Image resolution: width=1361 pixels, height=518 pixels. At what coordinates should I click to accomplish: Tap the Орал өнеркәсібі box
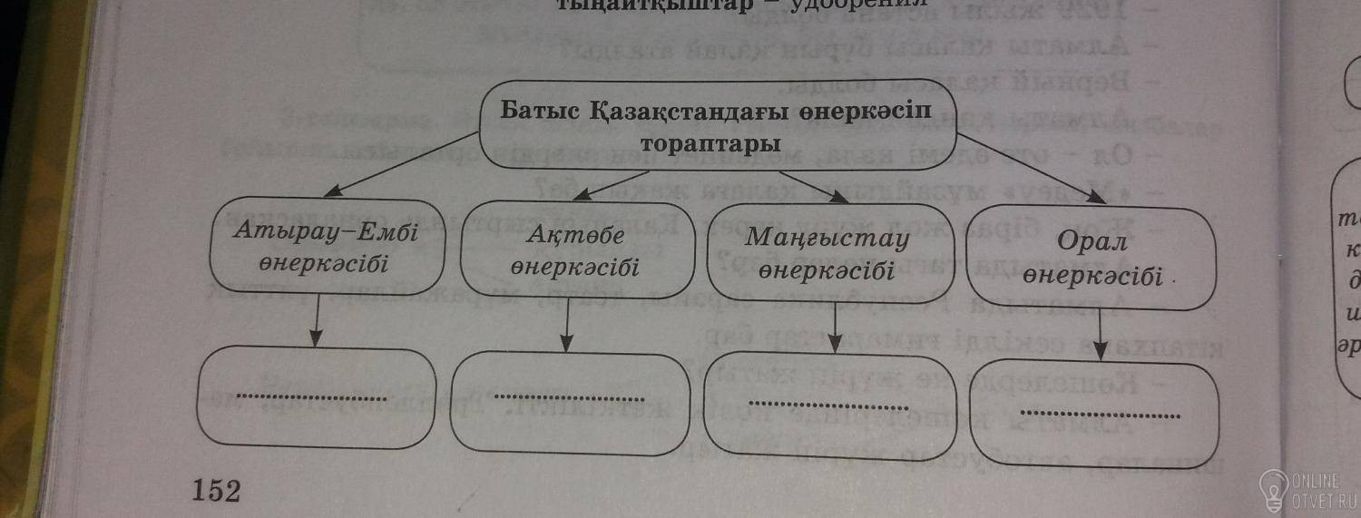1092,259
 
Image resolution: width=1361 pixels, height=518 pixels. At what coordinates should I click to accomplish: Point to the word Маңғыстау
827,238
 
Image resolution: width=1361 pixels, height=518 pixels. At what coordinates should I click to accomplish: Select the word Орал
1092,242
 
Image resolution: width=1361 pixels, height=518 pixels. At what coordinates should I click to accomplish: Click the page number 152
216,491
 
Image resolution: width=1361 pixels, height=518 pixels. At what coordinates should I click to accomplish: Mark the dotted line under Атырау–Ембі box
311,397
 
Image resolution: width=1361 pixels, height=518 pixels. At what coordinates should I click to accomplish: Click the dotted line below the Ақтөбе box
570,398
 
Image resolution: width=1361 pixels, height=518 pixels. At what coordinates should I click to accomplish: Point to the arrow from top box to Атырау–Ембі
399,163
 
